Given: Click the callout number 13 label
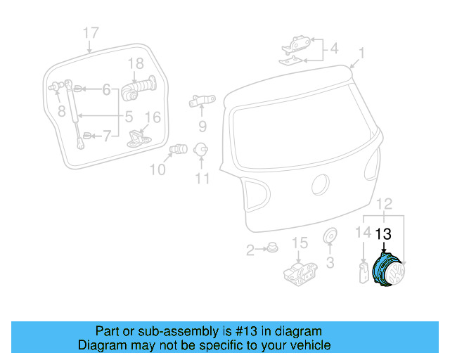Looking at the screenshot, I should [385, 235].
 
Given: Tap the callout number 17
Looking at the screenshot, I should [91, 32].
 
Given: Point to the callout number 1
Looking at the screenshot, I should [361, 53].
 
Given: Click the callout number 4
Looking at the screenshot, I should [334, 49].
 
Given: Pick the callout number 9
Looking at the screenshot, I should [202, 127].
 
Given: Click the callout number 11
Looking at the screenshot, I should [202, 179].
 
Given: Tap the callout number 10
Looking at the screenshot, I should [158, 169].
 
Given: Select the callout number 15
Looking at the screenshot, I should [300, 243].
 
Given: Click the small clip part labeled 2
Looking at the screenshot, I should [271, 249].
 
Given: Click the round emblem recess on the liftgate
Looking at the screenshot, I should [320, 186].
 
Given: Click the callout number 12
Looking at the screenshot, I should [385, 204].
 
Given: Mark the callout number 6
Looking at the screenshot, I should [106, 89].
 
